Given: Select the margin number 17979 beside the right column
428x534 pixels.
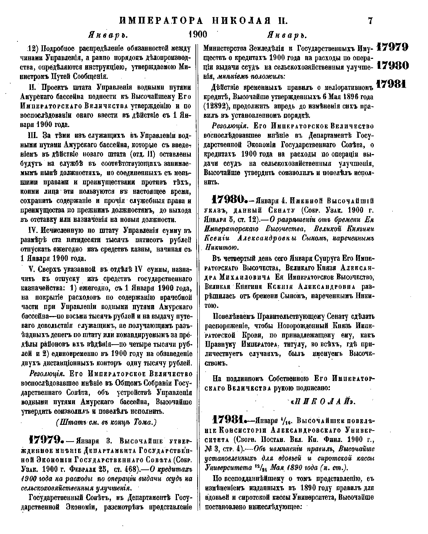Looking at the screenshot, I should tap(392, 47).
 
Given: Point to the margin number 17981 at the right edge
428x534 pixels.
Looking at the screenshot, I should tap(392, 83).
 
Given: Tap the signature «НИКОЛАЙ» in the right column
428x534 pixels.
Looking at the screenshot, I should tap(324, 401).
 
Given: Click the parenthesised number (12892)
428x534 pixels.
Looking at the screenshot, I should tap(218, 106).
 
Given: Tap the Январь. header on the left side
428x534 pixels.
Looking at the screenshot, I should tap(107, 35).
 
